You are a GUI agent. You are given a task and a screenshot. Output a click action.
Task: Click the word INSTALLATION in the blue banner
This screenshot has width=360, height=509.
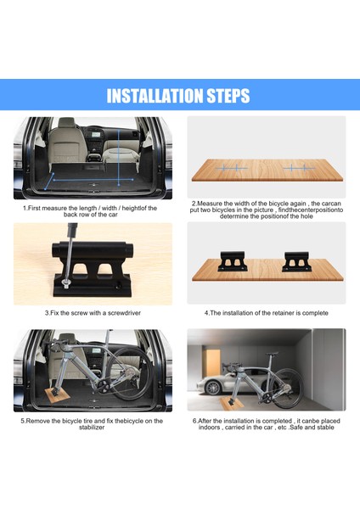click(x=155, y=96)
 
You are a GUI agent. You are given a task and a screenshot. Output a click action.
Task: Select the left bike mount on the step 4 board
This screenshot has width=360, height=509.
click(x=233, y=261)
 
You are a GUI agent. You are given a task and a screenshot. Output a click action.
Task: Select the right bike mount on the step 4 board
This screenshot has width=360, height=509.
click(x=296, y=261)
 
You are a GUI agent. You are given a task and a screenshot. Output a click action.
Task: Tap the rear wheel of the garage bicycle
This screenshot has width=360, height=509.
click(x=287, y=388)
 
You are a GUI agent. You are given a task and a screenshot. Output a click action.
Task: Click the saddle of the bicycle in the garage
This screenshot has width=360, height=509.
click(x=273, y=354)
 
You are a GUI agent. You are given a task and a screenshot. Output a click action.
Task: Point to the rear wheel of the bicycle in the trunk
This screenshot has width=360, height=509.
click(x=130, y=373)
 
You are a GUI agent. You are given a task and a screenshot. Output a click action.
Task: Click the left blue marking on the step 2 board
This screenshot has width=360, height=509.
click(x=231, y=168)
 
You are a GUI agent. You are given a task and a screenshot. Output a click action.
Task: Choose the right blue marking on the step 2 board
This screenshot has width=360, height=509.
click(x=299, y=168)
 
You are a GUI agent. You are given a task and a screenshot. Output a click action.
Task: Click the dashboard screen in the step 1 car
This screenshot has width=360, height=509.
click(x=96, y=134)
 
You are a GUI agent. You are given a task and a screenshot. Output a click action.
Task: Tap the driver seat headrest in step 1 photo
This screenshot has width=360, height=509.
click(x=66, y=122)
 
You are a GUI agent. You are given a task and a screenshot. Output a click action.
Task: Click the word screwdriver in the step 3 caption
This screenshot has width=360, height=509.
click(x=124, y=313)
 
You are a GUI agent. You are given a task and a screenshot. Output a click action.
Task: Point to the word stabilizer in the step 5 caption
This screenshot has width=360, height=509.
click(x=92, y=428)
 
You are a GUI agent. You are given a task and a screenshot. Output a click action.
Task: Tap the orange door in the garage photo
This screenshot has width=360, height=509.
click(x=213, y=365)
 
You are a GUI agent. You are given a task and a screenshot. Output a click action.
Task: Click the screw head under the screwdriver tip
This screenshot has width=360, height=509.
click(x=65, y=285)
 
